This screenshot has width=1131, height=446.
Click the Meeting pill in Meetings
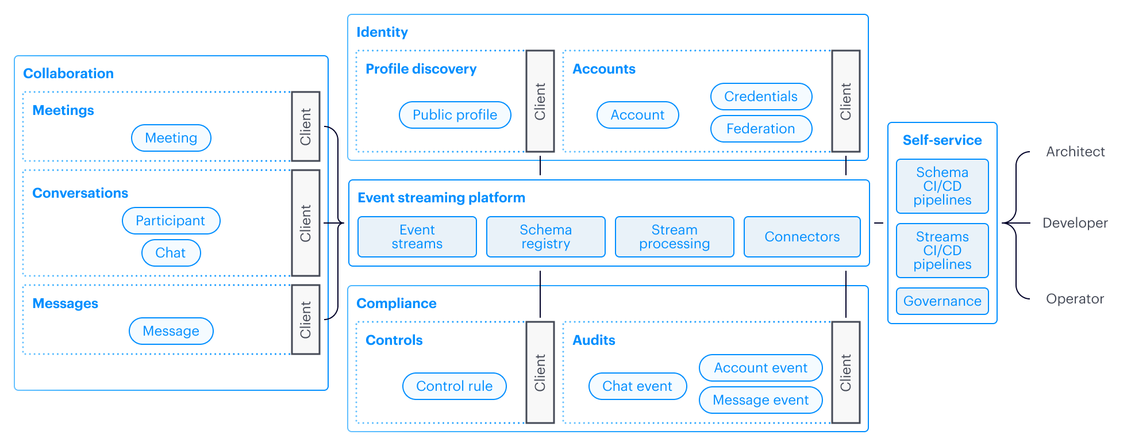click(x=171, y=138)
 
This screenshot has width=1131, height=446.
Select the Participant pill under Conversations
click(x=171, y=221)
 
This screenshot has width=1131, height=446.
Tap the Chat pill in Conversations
click(x=171, y=253)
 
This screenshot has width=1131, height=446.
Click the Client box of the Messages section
click(x=305, y=320)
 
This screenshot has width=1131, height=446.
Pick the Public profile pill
click(x=455, y=115)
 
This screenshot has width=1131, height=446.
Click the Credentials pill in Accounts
click(x=760, y=97)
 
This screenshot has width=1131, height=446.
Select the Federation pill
click(x=760, y=129)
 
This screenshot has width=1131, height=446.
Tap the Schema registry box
click(x=545, y=237)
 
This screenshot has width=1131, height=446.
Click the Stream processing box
click(x=674, y=237)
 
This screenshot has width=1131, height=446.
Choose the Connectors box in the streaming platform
click(x=802, y=237)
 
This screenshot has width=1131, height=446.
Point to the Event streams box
click(x=417, y=237)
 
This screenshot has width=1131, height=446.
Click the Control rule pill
click(x=454, y=386)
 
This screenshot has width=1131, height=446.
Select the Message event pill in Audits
click(x=760, y=400)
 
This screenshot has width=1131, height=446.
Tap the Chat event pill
click(x=637, y=386)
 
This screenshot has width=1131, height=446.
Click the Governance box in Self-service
click(x=942, y=301)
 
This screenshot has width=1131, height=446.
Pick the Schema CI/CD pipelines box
click(x=942, y=186)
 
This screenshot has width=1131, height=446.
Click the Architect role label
click(x=1075, y=152)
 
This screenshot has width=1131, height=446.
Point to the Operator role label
click(x=1075, y=299)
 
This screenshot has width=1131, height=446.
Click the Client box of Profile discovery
click(x=540, y=101)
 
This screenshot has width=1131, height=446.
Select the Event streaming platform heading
click(x=441, y=198)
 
